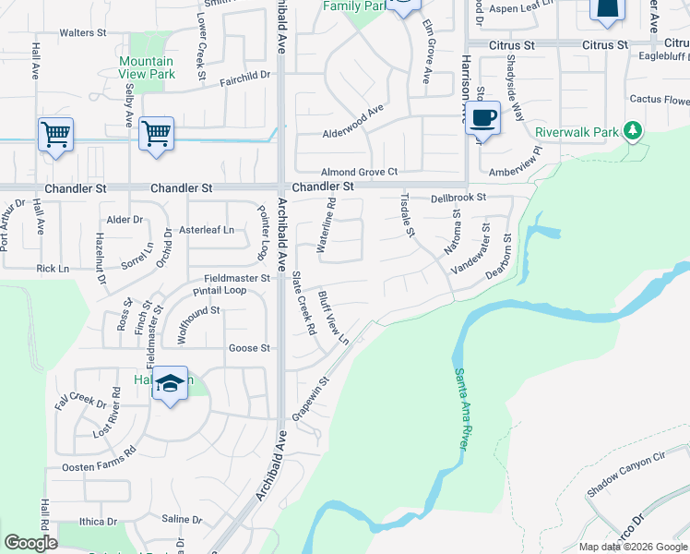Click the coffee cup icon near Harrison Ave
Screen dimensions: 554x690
coord(482,118)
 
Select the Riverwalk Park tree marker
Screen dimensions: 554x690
coord(632,131)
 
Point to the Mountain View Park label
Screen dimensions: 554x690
coord(146,68)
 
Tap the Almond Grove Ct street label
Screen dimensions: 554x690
coord(359,172)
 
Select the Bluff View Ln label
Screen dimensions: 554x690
coord(333,319)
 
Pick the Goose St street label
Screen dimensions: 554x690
coord(249,348)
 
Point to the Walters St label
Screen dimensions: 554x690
coord(83,32)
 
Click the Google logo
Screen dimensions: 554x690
coord(30,544)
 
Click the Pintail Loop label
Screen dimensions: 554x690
coord(220,290)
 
